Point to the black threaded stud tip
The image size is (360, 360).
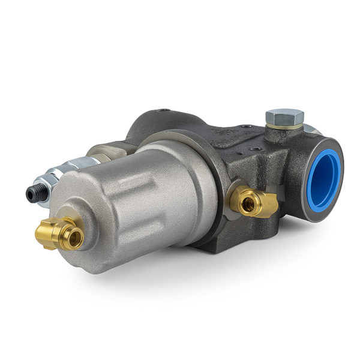(31, 193)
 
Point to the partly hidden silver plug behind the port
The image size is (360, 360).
(310, 128)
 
